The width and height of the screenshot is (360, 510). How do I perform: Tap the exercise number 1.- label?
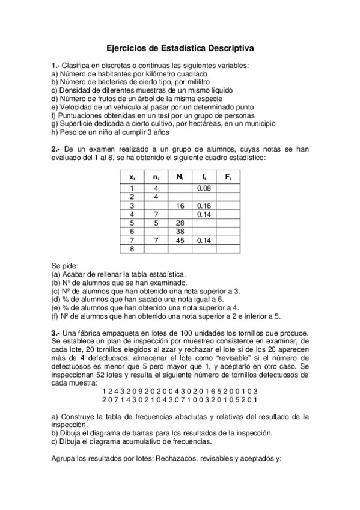56,64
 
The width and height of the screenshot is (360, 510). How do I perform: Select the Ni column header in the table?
180,177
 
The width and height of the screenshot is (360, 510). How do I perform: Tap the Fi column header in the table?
228,177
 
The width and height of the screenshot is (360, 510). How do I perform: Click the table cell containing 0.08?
204,188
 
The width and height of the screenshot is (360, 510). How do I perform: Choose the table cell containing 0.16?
204,205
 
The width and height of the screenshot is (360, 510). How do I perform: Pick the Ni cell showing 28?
180,222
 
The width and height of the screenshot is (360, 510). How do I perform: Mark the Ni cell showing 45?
180,239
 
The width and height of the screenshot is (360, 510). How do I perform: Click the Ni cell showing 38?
180,231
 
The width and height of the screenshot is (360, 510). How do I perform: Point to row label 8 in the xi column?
132,248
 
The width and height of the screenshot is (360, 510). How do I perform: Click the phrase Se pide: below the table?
65,265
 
